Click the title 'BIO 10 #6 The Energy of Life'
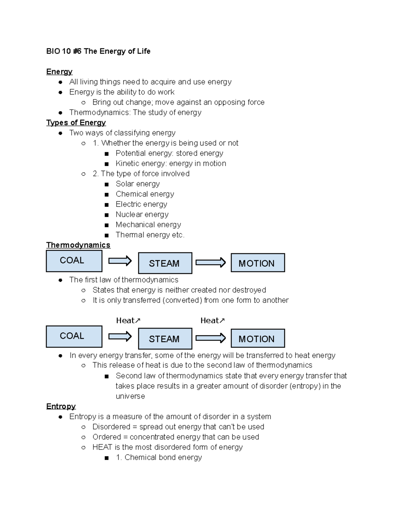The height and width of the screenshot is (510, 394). click(x=98, y=51)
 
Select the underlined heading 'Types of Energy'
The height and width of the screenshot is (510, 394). click(x=76, y=122)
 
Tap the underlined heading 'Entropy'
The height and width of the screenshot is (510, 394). click(x=61, y=406)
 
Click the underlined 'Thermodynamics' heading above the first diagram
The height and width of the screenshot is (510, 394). click(x=78, y=245)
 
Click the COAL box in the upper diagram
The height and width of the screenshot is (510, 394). click(x=74, y=261)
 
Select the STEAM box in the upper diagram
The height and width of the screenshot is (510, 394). click(x=165, y=263)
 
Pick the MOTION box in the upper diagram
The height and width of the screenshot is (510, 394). click(x=257, y=263)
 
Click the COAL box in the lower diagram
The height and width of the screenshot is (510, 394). click(x=74, y=336)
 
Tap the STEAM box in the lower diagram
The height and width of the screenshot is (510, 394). click(x=165, y=339)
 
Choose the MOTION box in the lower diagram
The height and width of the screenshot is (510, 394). click(x=257, y=338)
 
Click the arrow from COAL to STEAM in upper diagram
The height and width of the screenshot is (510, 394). click(x=120, y=261)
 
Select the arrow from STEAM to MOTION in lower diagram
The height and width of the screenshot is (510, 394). click(x=210, y=338)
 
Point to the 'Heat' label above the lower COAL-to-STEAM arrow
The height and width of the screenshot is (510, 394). click(x=128, y=321)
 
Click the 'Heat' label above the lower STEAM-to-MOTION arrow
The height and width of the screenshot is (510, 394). click(x=212, y=321)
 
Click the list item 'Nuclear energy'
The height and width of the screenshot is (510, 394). click(x=142, y=214)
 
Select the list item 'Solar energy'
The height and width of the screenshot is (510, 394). click(x=138, y=184)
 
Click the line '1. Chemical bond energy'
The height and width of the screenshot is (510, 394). click(x=159, y=457)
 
